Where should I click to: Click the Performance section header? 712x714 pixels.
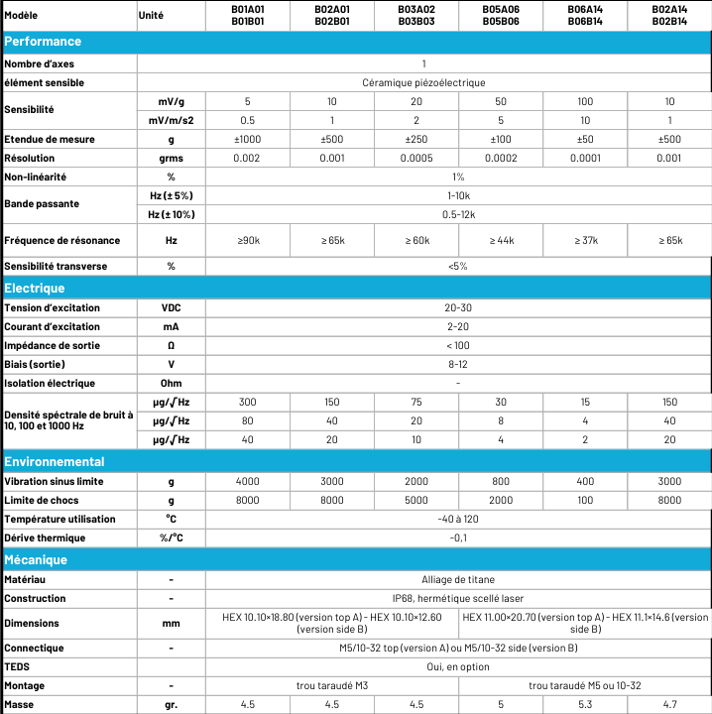click(44, 42)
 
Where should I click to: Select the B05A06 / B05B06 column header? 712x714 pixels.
click(501, 15)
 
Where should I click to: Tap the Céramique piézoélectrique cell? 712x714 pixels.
click(457, 82)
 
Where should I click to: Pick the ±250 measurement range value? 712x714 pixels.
click(416, 139)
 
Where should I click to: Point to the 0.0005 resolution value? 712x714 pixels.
click(416, 158)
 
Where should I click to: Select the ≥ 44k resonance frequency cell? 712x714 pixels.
click(501, 241)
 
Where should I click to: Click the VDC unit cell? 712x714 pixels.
click(171, 307)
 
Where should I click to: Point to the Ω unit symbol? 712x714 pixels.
click(171, 345)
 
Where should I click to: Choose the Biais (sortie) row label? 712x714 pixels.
click(37, 364)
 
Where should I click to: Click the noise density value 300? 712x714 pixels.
click(248, 402)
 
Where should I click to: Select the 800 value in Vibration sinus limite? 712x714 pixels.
click(501, 481)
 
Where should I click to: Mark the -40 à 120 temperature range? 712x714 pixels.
click(457, 519)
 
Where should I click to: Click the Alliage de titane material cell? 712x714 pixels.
click(457, 579)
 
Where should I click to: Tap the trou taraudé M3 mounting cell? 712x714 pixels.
click(332, 685)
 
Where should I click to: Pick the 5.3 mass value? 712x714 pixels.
click(585, 704)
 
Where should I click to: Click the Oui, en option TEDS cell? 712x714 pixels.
click(457, 666)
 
